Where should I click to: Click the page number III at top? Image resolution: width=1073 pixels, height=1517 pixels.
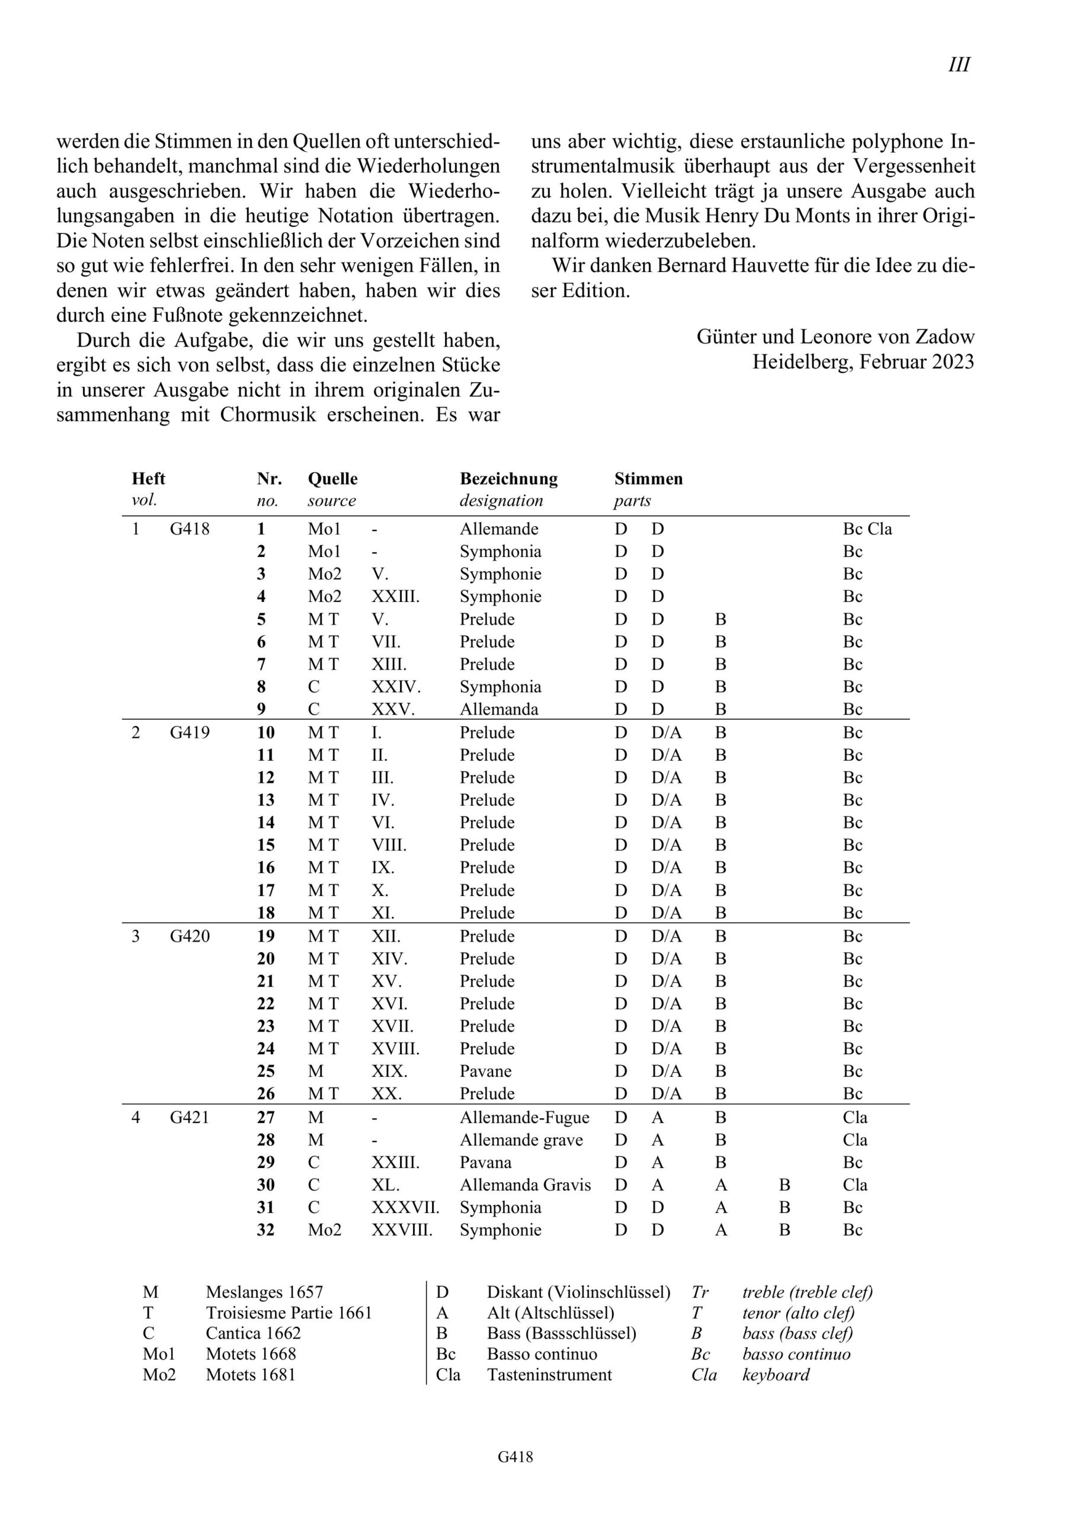pyautogui.click(x=959, y=65)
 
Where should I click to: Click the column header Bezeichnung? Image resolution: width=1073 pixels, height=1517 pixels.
pyautogui.click(x=508, y=478)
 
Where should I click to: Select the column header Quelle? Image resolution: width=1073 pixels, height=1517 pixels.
pyautogui.click(x=332, y=478)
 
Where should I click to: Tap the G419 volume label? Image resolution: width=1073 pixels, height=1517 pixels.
pyautogui.click(x=190, y=732)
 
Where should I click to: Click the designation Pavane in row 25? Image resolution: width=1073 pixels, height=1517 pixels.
pyautogui.click(x=486, y=1071)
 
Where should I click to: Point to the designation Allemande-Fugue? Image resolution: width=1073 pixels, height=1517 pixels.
pyautogui.click(x=524, y=1117)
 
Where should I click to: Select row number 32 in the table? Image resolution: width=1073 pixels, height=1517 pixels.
pyautogui.click(x=265, y=1230)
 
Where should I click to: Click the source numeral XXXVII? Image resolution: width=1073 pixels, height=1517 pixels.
pyautogui.click(x=405, y=1207)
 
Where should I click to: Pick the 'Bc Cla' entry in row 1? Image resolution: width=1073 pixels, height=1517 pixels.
pyautogui.click(x=867, y=529)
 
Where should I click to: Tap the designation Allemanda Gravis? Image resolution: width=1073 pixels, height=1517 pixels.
pyautogui.click(x=526, y=1185)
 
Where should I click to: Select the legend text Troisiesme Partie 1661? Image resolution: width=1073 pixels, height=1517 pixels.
pyautogui.click(x=289, y=1312)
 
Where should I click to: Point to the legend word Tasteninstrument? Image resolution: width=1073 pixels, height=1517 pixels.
pyautogui.click(x=549, y=1374)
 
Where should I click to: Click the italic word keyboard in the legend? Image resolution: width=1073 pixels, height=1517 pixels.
pyautogui.click(x=776, y=1374)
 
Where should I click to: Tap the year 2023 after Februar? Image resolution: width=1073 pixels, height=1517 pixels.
pyautogui.click(x=953, y=362)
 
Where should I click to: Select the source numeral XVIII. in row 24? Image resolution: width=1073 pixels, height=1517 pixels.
pyautogui.click(x=395, y=1048)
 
